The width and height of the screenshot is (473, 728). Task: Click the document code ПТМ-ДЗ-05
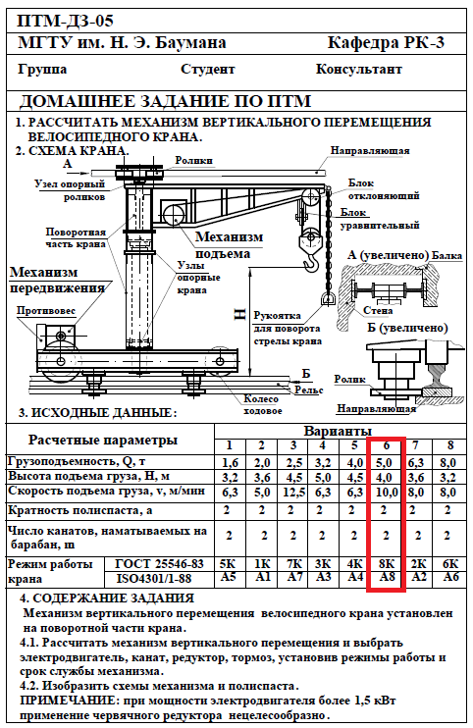click(x=65, y=21)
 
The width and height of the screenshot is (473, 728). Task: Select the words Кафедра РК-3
click(x=386, y=43)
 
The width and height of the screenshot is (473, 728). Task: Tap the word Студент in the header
click(x=207, y=70)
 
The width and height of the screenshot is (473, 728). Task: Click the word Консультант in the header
click(x=359, y=70)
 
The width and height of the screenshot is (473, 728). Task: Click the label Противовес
click(x=45, y=311)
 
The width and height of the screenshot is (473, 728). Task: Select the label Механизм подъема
click(x=229, y=245)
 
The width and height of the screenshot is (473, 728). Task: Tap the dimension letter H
click(x=239, y=315)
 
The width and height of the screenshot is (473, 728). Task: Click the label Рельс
click(x=309, y=390)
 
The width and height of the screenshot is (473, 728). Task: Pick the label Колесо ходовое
click(x=262, y=405)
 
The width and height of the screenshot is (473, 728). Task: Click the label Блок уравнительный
click(x=380, y=219)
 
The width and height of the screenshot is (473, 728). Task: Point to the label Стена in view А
click(x=378, y=311)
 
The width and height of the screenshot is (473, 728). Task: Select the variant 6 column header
click(x=387, y=445)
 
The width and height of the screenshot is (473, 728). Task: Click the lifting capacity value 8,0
click(x=447, y=463)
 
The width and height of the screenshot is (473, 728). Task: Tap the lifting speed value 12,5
click(x=293, y=493)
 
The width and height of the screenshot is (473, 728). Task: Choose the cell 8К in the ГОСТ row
click(x=387, y=564)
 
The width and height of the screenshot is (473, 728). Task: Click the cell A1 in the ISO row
click(x=262, y=577)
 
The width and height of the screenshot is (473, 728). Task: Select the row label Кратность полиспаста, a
click(x=79, y=511)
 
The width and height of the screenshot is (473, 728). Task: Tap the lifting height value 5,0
click(x=323, y=478)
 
